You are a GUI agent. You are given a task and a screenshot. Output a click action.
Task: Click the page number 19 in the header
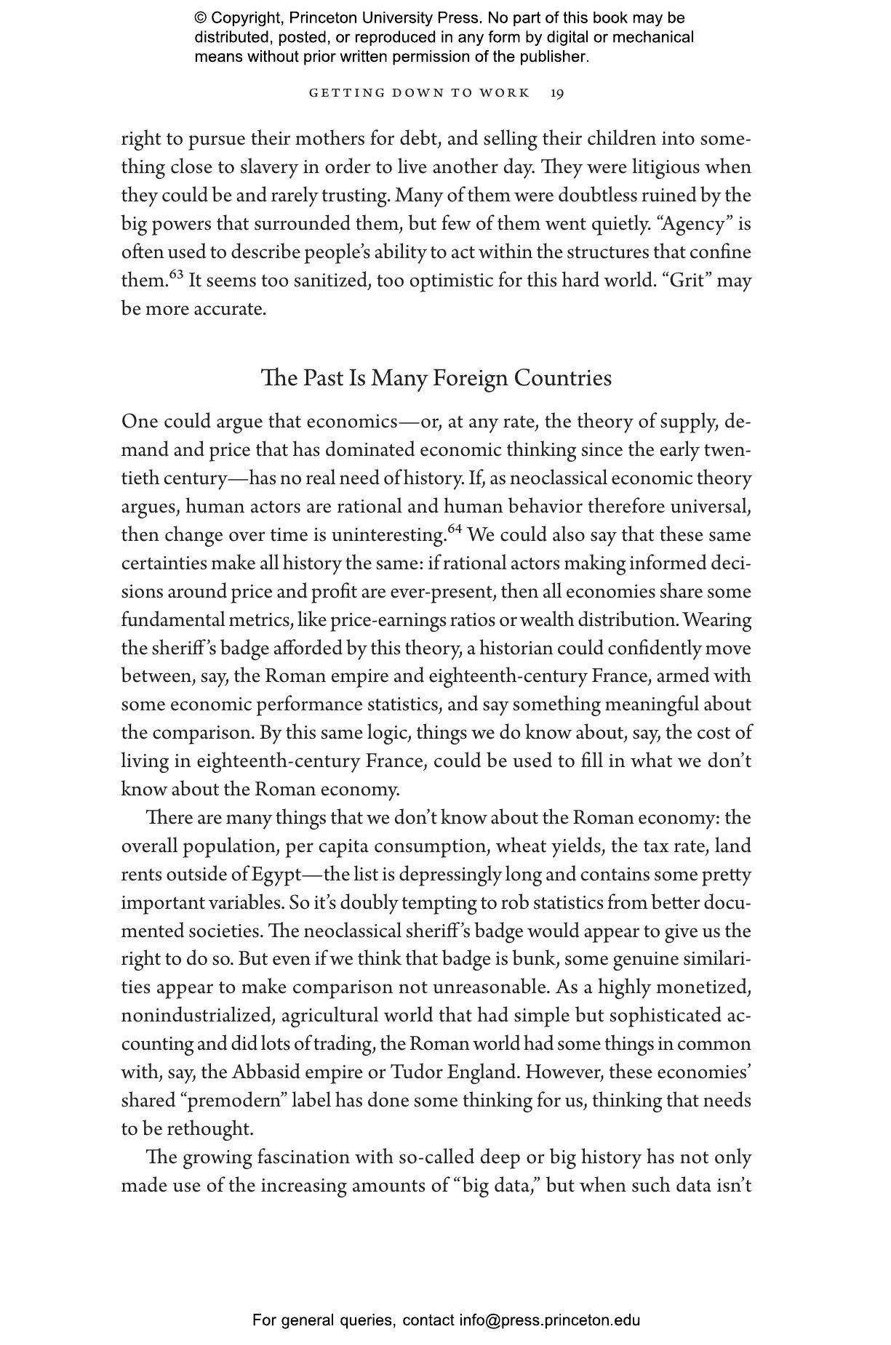pos(557,93)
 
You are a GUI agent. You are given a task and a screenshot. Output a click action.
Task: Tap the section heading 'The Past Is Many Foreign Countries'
pos(436,378)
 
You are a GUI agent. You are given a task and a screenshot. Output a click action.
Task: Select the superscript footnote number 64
pos(455,529)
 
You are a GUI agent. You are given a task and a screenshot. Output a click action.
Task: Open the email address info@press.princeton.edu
pos(549,1320)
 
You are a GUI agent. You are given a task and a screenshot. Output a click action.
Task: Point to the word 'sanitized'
pos(332,281)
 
